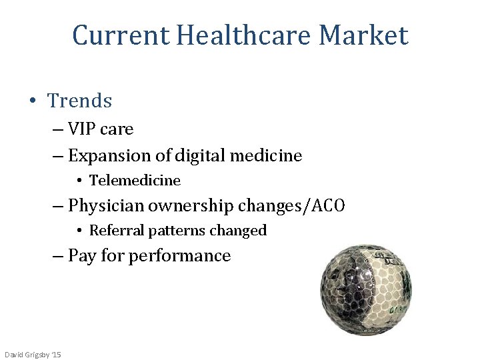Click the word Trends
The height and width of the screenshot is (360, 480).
[80, 101]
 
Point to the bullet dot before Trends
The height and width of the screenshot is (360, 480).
[33, 101]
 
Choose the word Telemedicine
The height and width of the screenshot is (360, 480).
[135, 181]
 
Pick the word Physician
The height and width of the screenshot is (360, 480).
[105, 206]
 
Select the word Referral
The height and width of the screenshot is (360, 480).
[116, 231]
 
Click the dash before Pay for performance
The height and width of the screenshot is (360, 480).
[59, 256]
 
